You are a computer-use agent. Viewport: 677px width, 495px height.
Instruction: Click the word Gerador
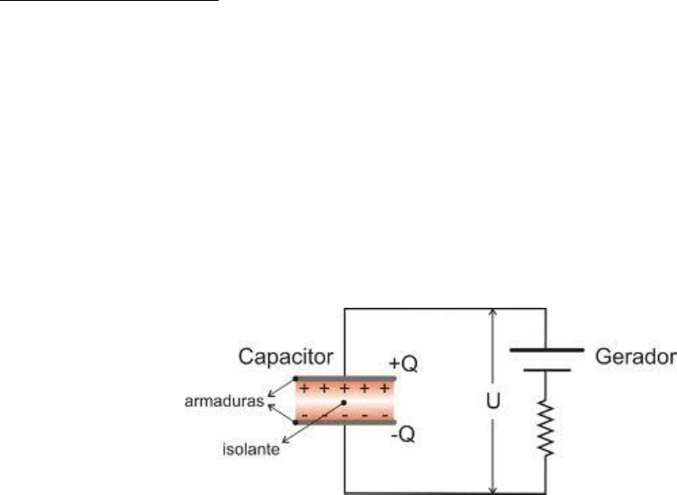pos(635,358)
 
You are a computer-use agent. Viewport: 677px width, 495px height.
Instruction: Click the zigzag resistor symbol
pos(546,426)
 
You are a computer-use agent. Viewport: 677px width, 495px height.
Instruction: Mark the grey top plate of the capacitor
pos(345,378)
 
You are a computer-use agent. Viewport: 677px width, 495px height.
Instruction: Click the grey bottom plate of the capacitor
pos(345,421)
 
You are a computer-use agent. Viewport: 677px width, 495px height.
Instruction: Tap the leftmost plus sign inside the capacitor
pos(303,390)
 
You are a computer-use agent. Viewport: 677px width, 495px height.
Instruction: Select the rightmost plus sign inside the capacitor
pos(384,390)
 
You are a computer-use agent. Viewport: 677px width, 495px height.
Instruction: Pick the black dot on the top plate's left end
pos(295,378)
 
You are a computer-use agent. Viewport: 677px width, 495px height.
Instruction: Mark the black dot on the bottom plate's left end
pos(295,421)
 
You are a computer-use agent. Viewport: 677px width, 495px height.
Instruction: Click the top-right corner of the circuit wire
pos(546,308)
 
